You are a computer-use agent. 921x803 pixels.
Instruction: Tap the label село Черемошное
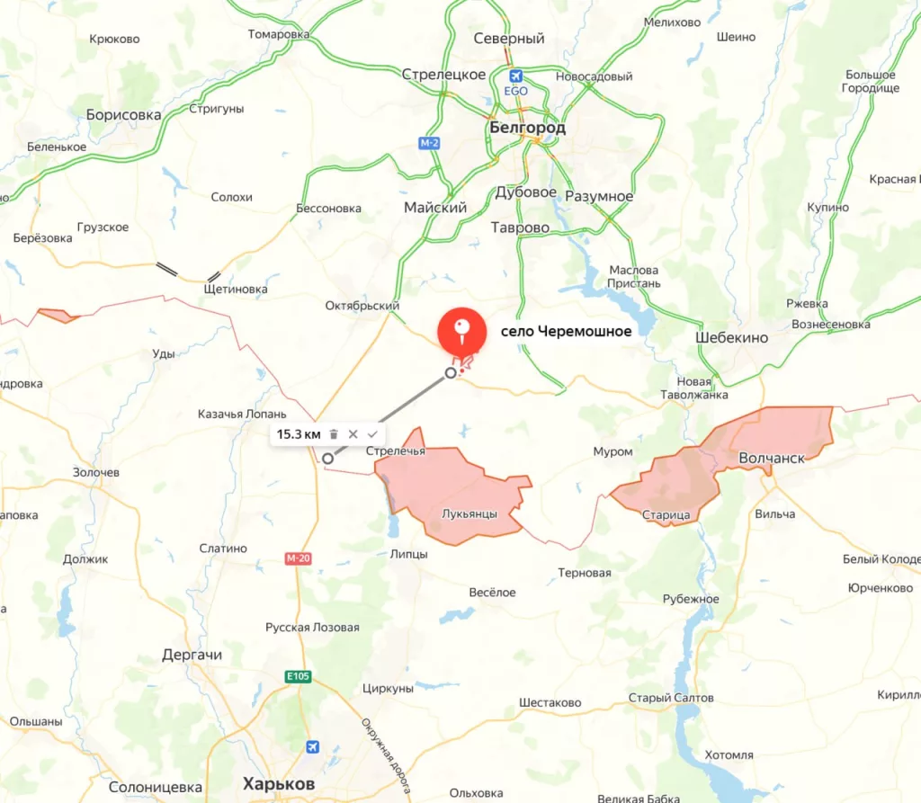566,332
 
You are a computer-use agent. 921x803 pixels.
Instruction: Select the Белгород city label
527,128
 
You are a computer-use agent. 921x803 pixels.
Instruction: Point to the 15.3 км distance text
299,434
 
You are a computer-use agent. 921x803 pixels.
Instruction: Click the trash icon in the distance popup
334,434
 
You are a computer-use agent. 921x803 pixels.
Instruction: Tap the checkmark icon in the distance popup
372,434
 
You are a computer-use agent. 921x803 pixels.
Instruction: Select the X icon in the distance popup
353,434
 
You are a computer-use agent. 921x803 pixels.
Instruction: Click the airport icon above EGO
515,76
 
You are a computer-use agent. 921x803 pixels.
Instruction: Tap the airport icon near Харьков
312,746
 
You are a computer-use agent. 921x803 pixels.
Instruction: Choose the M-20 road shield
298,558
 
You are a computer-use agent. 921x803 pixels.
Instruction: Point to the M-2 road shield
429,143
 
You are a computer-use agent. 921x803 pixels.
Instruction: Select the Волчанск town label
771,458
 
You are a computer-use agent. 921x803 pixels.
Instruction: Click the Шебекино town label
731,337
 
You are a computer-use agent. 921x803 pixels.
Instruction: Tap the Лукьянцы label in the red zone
469,514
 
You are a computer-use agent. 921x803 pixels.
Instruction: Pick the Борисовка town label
123,115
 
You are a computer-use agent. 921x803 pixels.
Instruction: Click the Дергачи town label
192,655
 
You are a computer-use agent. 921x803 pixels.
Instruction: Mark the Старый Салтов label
671,698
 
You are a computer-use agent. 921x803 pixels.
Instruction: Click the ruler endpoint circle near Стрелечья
328,459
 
